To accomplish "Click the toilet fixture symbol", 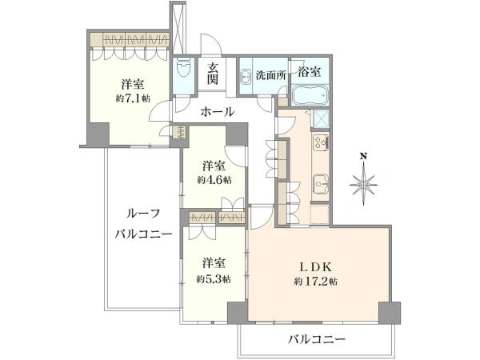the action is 184,70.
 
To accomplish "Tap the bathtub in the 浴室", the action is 310,95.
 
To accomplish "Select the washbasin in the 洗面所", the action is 246,77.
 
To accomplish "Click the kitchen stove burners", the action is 321,143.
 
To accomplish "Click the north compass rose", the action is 364,185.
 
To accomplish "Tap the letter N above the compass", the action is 364,157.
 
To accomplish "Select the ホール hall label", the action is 218,112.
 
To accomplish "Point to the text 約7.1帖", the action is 133,98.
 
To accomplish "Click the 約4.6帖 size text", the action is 214,180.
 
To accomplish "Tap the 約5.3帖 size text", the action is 214,279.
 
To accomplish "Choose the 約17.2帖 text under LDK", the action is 316,281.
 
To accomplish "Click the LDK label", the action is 316,267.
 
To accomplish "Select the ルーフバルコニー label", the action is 143,224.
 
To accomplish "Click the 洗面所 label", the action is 271,75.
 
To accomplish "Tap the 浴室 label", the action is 310,72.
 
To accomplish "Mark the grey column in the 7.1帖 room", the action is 98,134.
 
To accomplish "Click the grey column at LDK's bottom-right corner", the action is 390,313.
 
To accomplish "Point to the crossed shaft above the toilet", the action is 178,29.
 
